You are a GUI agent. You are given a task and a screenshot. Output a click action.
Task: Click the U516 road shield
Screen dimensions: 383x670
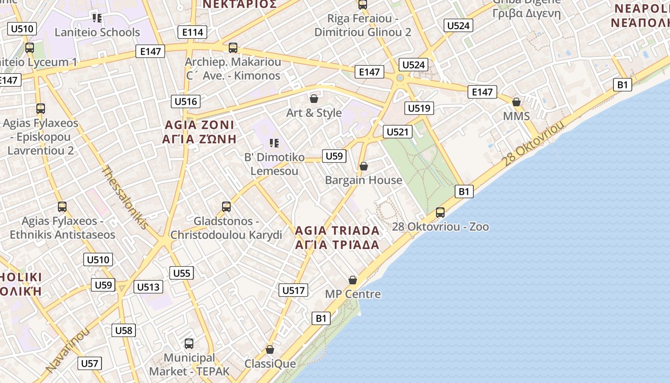(x=186, y=101)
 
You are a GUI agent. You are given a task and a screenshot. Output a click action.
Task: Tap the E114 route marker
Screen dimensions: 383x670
(x=192, y=32)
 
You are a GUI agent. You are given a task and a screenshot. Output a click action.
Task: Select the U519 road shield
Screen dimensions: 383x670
(x=419, y=108)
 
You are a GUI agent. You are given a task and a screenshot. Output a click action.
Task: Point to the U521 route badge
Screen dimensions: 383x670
(x=397, y=132)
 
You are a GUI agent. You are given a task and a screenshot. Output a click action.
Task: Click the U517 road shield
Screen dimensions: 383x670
(x=293, y=290)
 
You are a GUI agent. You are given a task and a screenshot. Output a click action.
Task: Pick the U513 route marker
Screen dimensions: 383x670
(x=148, y=287)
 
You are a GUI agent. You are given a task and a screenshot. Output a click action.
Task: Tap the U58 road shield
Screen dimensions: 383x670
(x=123, y=330)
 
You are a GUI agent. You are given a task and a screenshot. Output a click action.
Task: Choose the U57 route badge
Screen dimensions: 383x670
(x=89, y=363)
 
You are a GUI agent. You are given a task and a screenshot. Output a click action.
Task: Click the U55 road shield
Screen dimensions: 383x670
(x=182, y=273)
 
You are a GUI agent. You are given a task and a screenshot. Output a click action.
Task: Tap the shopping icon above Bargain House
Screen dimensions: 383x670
(x=364, y=166)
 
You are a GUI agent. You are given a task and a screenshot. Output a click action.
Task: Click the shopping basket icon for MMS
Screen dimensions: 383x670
(x=516, y=102)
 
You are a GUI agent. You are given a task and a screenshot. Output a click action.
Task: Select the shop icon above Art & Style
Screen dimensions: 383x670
(x=314, y=99)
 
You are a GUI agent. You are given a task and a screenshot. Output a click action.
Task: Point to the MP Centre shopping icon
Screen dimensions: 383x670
(x=353, y=280)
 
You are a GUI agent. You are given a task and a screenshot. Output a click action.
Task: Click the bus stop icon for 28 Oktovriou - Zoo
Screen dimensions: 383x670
(x=440, y=212)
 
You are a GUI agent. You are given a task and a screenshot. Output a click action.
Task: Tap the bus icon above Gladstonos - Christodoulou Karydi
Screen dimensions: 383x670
(x=226, y=207)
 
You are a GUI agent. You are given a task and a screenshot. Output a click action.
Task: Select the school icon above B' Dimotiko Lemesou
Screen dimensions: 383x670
(x=274, y=143)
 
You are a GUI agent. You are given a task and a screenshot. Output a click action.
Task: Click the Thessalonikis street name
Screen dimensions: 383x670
(x=125, y=197)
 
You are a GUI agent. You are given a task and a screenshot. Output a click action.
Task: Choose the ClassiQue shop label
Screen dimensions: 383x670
(x=270, y=364)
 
